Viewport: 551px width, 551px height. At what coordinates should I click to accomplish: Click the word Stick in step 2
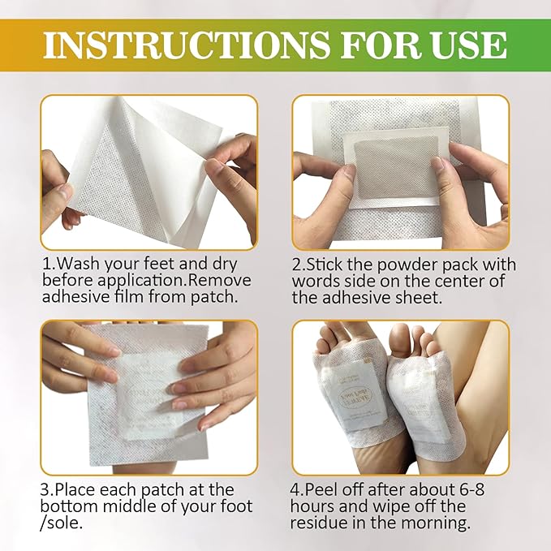coord(331,265)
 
